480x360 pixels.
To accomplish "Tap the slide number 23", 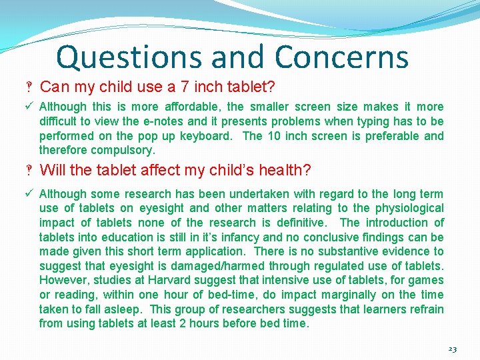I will (453, 349).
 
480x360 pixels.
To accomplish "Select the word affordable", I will (191, 107).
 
